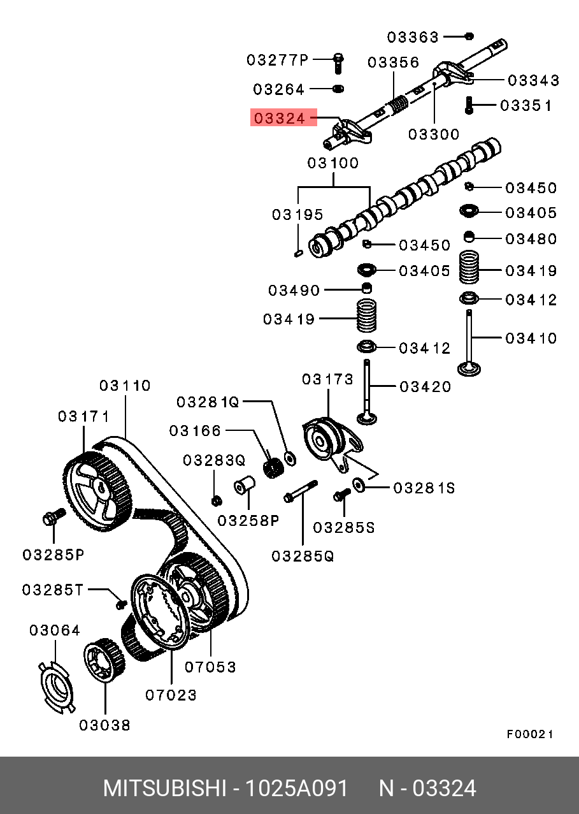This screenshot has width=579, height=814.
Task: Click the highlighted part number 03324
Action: pyautogui.click(x=280, y=119)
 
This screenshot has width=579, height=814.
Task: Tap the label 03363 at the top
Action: pyautogui.click(x=413, y=37)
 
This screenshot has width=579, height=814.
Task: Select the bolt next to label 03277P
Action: pyautogui.click(x=338, y=64)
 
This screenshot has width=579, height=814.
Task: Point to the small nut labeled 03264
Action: pyautogui.click(x=338, y=89)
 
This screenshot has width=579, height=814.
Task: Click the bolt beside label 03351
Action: pyautogui.click(x=469, y=105)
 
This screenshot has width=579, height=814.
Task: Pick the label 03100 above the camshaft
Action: pyautogui.click(x=333, y=163)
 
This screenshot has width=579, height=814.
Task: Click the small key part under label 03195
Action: pyautogui.click(x=299, y=253)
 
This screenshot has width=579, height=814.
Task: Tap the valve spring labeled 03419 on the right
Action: pyautogui.click(x=469, y=266)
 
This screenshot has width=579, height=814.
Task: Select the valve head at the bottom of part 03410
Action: pyautogui.click(x=469, y=370)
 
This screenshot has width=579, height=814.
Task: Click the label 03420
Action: pyautogui.click(x=425, y=387)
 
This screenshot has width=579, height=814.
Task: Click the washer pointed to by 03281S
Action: pyautogui.click(x=359, y=485)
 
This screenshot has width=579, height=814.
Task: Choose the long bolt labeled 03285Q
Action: pyautogui.click(x=301, y=491)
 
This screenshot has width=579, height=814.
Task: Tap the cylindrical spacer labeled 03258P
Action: pyautogui.click(x=244, y=484)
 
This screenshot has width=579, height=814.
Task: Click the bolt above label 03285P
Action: pyautogui.click(x=54, y=517)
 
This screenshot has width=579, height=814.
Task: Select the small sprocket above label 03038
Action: pyautogui.click(x=104, y=660)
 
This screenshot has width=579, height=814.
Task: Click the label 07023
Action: pyautogui.click(x=171, y=695)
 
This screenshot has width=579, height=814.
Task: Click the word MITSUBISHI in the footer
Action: pyautogui.click(x=165, y=789)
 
